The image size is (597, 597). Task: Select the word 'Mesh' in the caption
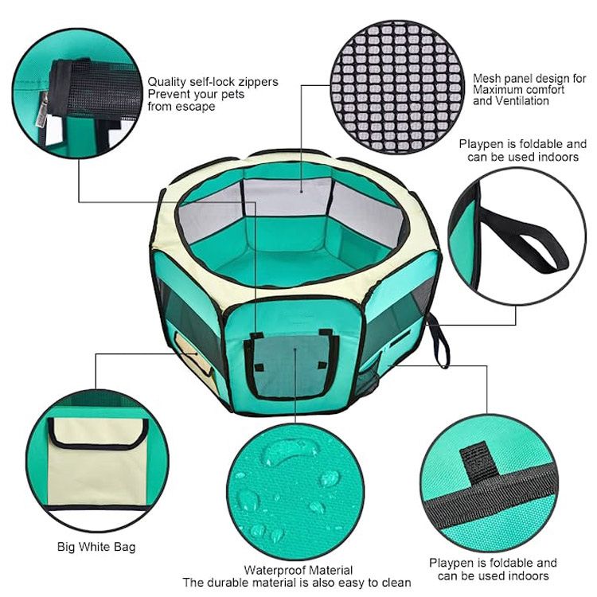pos(486,79)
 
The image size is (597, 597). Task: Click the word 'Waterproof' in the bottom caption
pos(275,570)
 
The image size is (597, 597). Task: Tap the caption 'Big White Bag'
pos(96,547)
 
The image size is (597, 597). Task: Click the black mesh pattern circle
pos(396,87)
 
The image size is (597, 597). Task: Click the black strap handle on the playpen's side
pos(439,345)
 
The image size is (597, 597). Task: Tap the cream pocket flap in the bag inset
pos(98,433)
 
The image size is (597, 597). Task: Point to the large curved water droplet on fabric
pos(287,453)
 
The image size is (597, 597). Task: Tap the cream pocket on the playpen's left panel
pos(194,357)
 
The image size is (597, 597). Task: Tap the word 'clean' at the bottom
pos(396,583)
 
